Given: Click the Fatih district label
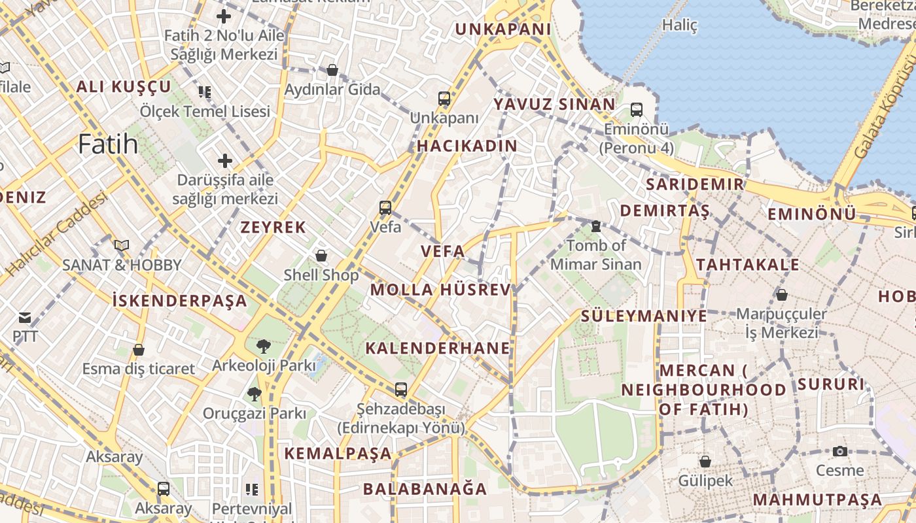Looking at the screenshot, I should click(108, 144).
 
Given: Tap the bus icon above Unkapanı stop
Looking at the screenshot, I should click(444, 99).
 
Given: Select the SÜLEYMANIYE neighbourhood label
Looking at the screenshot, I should click(644, 316).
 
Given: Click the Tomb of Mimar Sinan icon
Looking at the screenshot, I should click(595, 226).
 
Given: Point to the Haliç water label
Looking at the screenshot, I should click(680, 25).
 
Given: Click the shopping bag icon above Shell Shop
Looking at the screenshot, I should click(321, 255).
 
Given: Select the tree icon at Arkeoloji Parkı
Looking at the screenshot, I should click(264, 346).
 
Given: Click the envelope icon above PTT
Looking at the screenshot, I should click(25, 318).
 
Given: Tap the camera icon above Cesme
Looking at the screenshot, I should click(840, 451).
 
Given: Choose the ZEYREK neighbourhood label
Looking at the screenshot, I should click(273, 227).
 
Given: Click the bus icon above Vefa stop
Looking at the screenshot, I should click(385, 208).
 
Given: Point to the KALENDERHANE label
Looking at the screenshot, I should click(437, 348).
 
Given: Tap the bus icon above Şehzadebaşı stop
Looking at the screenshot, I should click(401, 390).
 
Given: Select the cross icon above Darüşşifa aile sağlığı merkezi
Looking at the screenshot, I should click(225, 160).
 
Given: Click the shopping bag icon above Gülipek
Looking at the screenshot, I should click(705, 462).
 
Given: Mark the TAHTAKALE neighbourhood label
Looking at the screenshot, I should click(747, 264).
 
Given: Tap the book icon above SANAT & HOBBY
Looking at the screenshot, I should click(121, 245).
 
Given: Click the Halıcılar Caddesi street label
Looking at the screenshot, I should click(57, 233).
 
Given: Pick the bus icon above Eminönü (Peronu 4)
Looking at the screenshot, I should click(636, 110).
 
